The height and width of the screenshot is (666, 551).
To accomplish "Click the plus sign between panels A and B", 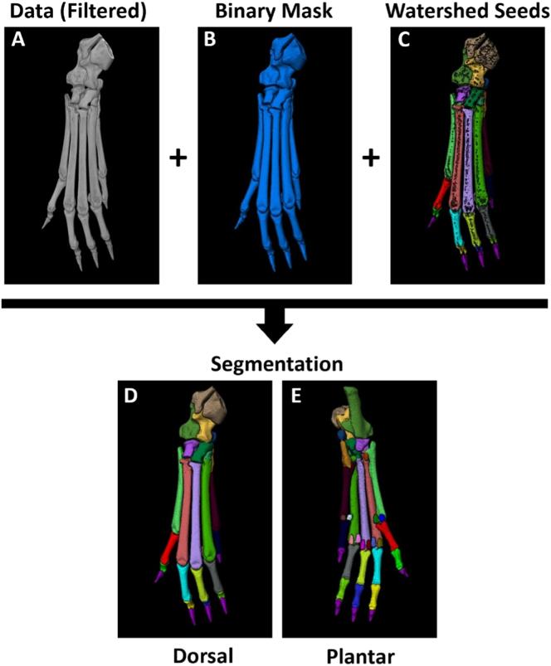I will pyautogui.click(x=177, y=158).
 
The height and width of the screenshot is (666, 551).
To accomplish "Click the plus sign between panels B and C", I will pyautogui.click(x=370, y=158).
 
